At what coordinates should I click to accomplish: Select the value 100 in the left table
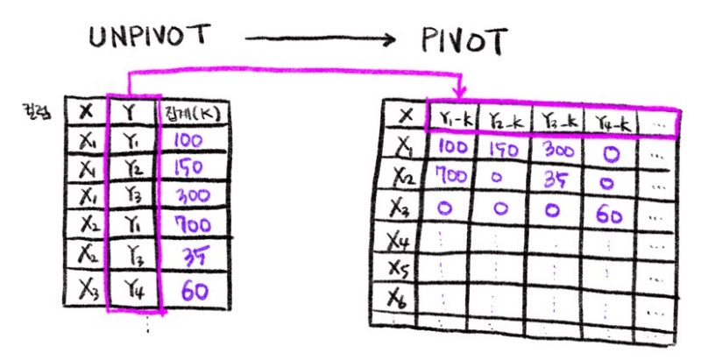(x=188, y=139)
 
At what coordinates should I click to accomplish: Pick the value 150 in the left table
(x=188, y=166)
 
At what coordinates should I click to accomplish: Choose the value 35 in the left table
(x=192, y=255)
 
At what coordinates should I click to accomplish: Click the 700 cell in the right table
(x=452, y=175)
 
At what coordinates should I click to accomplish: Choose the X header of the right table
(x=405, y=116)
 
